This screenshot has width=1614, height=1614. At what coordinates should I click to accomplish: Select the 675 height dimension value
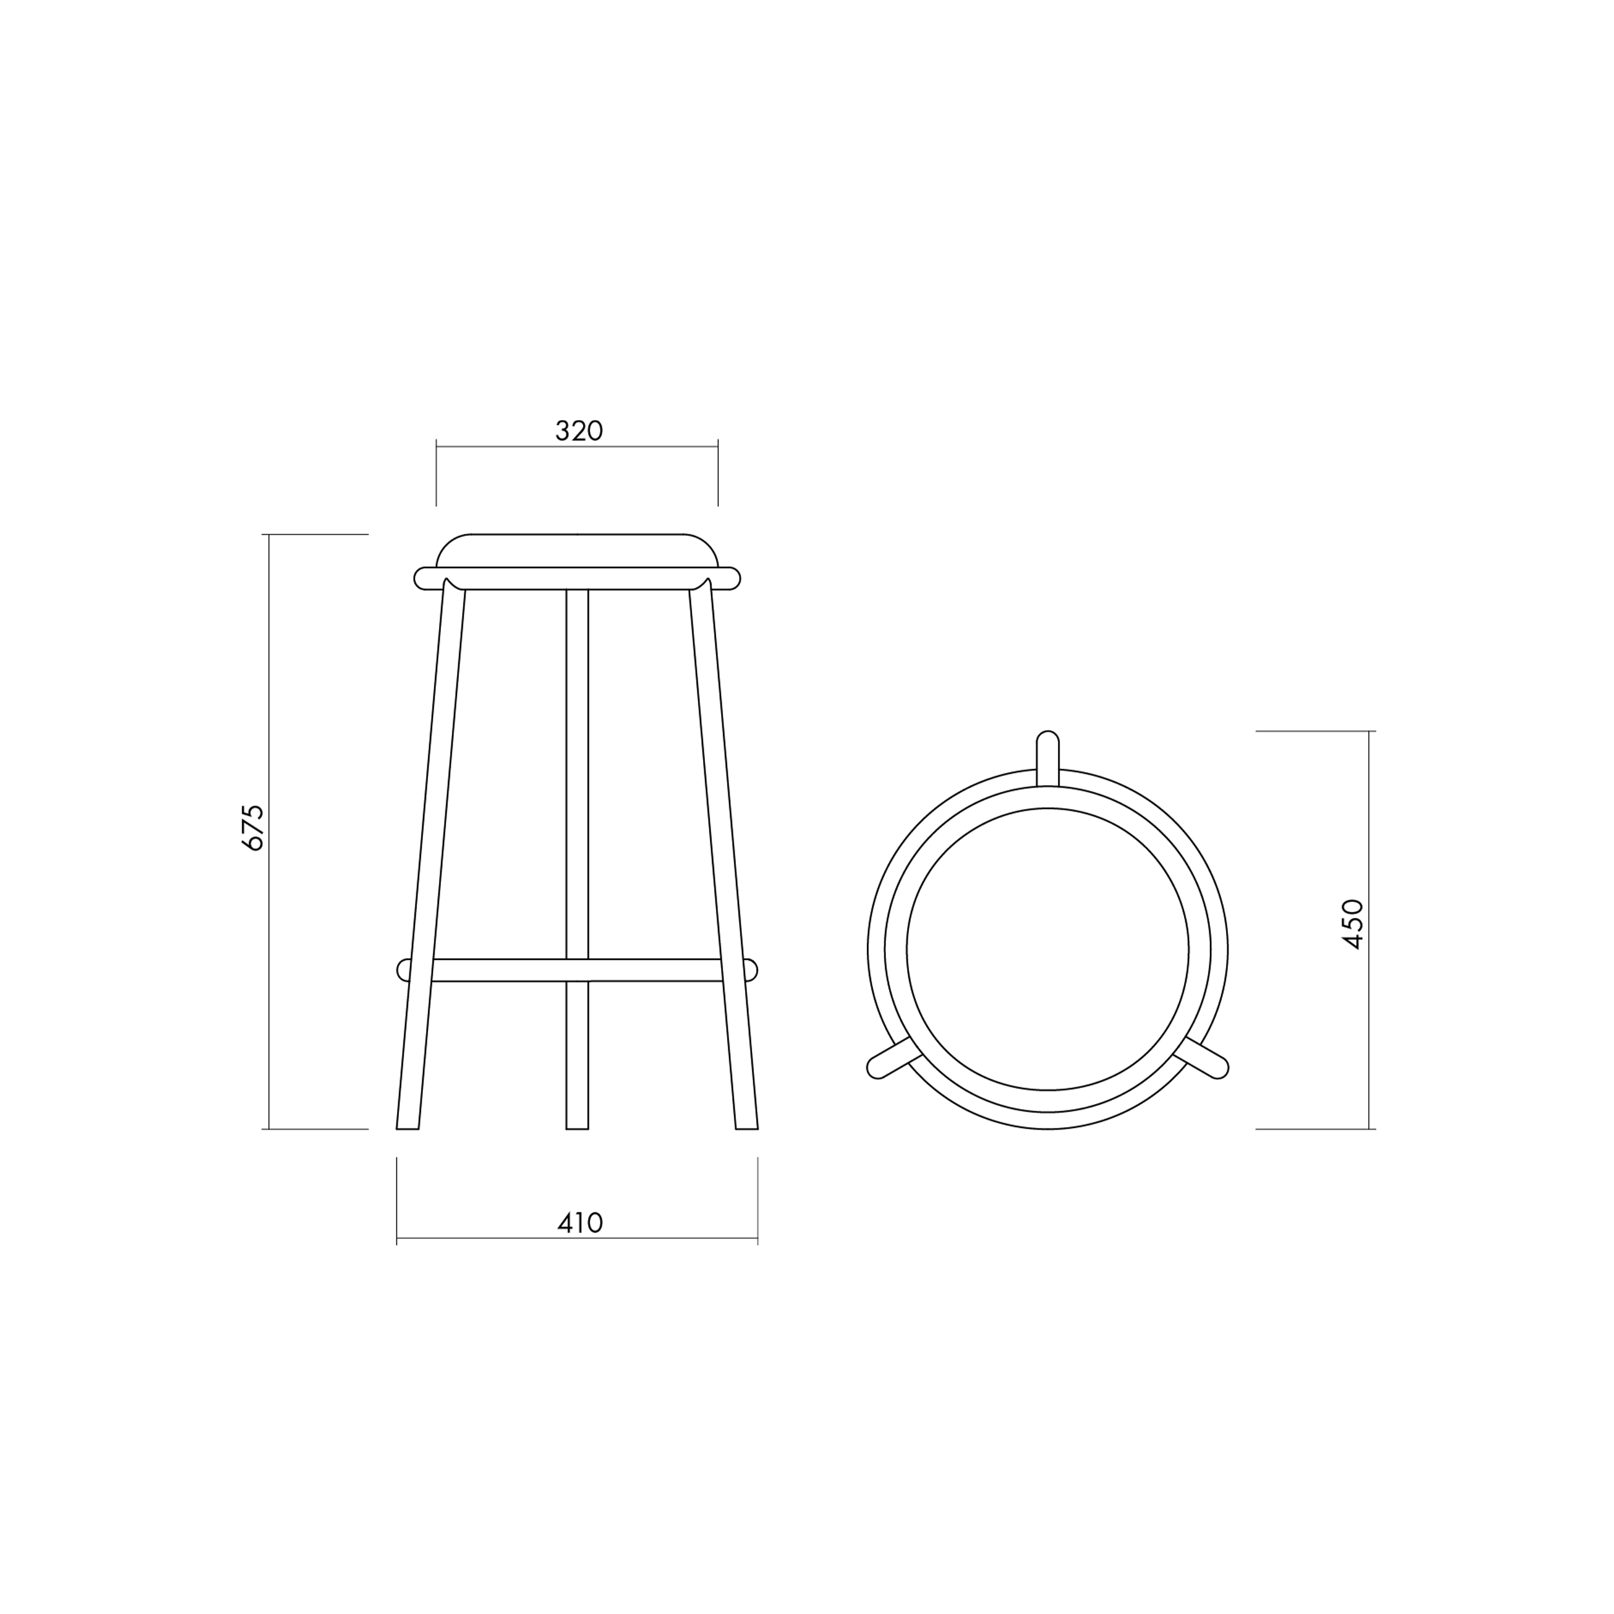pos(252,828)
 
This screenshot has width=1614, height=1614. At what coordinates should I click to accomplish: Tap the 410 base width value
pos(580,1223)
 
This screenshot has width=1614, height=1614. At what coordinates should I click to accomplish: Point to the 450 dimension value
pos(1352,924)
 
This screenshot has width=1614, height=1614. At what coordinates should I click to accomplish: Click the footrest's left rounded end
pos(403,970)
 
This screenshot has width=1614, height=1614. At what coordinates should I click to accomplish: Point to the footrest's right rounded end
pos(750,970)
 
